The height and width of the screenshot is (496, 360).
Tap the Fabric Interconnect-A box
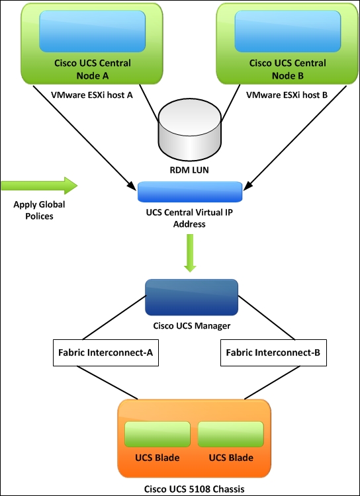tap(106, 352)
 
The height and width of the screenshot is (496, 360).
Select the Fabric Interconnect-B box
tap(273, 352)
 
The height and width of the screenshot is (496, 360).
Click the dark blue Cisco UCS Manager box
tap(191, 297)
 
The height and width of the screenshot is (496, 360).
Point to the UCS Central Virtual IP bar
tap(190, 192)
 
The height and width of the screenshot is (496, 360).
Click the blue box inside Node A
tap(93, 32)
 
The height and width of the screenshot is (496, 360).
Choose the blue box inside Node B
tap(287, 32)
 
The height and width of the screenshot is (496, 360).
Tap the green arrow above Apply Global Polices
tap(39, 185)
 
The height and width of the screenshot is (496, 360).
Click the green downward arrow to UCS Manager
tap(191, 253)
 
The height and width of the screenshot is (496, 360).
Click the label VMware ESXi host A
tap(92, 95)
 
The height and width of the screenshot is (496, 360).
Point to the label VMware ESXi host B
tap(287, 95)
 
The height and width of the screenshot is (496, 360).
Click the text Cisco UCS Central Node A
tap(93, 69)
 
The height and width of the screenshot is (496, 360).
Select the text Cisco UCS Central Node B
tap(287, 69)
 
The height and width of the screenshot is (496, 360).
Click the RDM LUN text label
tap(190, 171)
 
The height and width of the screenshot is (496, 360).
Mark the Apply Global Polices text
tap(39, 210)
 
